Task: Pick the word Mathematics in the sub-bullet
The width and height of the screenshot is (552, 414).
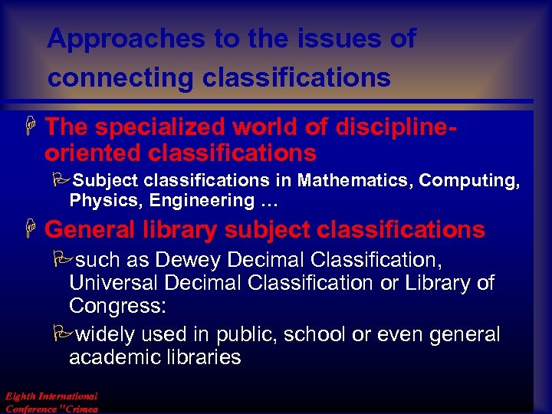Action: pyautogui.click(x=355, y=181)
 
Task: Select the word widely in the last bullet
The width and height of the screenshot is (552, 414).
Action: pyautogui.click(x=110, y=335)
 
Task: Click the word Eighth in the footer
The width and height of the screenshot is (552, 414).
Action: pyautogui.click(x=19, y=396)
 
